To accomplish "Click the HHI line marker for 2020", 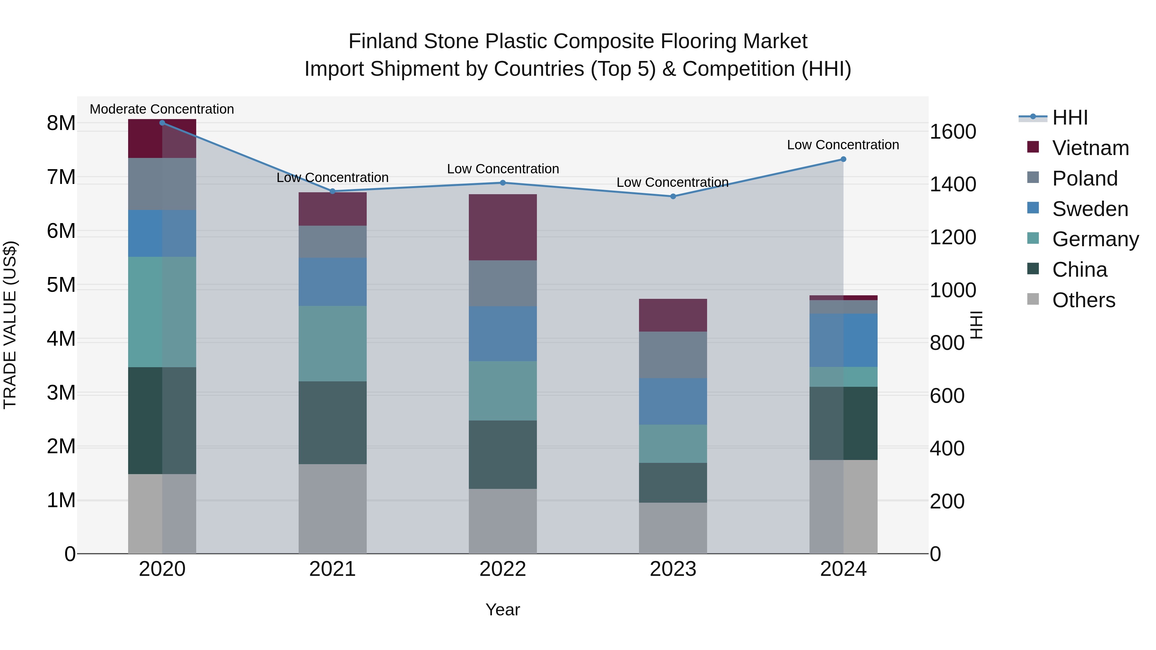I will click(162, 123).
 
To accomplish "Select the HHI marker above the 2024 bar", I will click(843, 159).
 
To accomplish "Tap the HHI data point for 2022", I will click(503, 183).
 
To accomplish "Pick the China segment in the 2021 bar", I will click(333, 422).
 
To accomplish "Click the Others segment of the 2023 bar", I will click(673, 528).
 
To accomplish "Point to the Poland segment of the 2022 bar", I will click(503, 283).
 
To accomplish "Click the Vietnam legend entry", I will click(1090, 148).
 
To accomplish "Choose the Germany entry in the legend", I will click(1095, 239).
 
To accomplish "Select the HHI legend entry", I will click(1070, 117).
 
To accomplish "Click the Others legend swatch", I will click(1033, 299).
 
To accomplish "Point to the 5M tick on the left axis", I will click(61, 285).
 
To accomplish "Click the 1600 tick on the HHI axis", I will click(953, 132).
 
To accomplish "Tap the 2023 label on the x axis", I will click(673, 569).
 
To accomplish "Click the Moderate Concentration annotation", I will click(162, 109).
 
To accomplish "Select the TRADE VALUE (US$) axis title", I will click(10, 325).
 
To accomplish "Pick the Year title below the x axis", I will click(503, 610).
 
